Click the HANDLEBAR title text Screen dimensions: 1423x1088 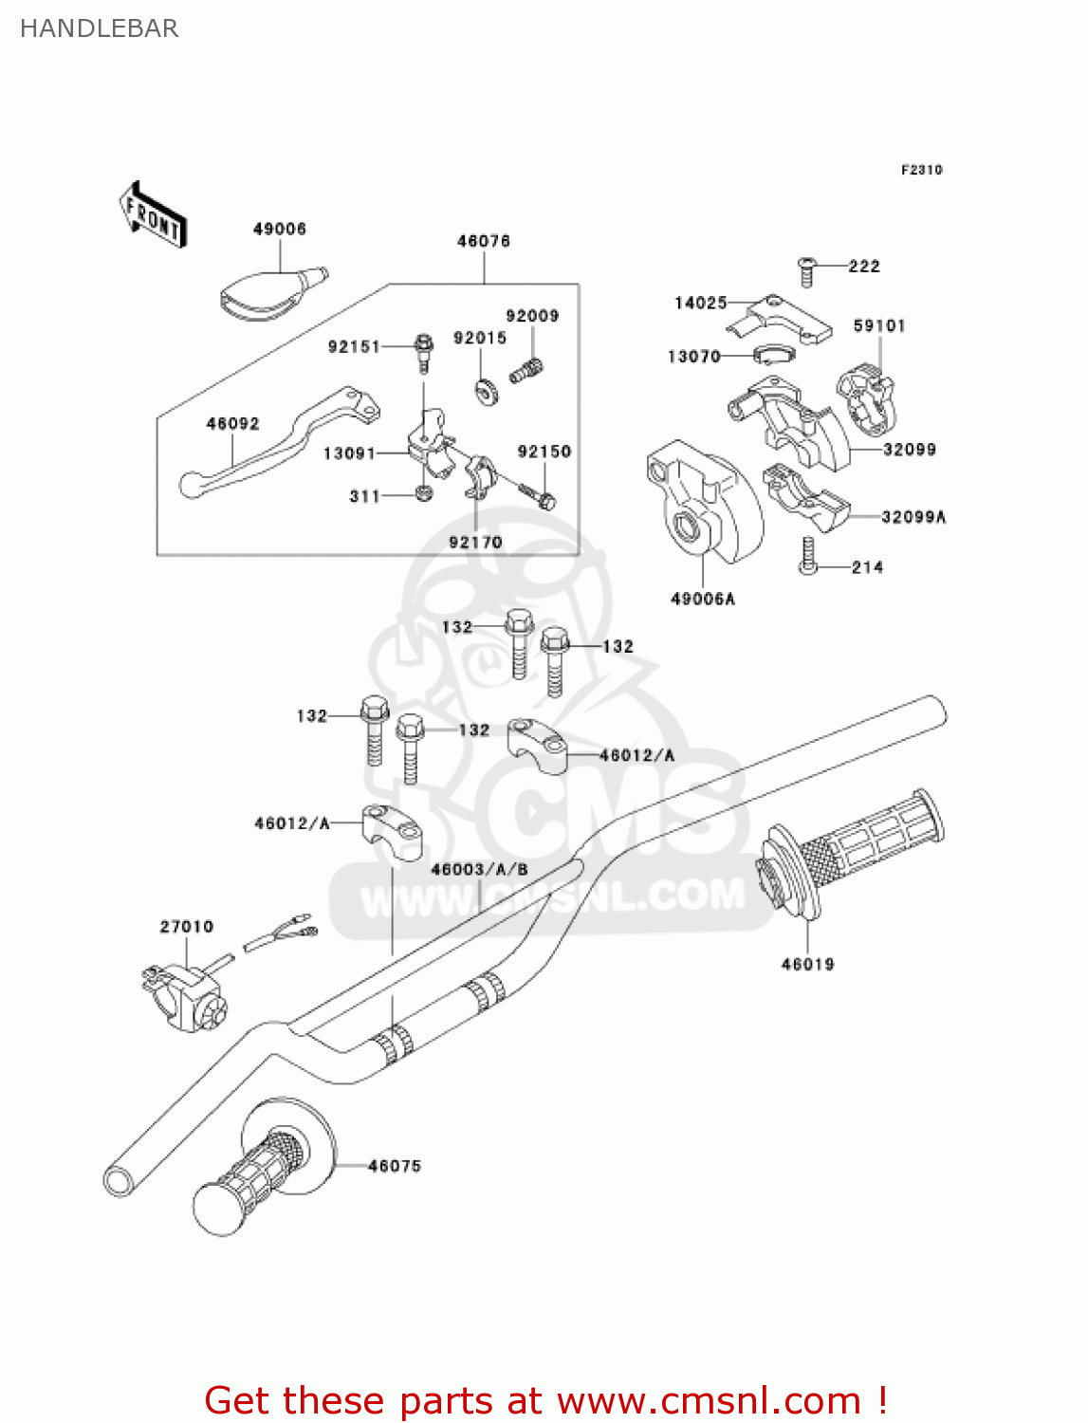99,28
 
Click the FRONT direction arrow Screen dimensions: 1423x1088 153,214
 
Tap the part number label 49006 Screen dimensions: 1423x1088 279,229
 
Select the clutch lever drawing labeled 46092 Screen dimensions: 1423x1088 275,440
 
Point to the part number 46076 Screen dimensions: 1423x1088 484,241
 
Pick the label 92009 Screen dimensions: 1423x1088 532,316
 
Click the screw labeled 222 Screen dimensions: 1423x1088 807,270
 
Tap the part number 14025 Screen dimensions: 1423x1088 700,303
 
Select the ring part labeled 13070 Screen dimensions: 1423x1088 772,356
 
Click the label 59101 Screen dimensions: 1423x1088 879,325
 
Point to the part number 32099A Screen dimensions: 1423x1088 913,517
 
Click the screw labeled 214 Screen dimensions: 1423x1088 808,556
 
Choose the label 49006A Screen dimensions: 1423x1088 703,599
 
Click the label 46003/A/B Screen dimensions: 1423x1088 479,869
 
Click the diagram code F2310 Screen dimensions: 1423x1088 921,170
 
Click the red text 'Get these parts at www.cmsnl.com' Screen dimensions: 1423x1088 545,1400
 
